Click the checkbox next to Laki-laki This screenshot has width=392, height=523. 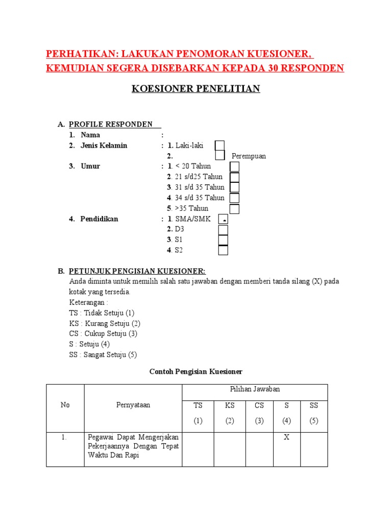click(x=219, y=146)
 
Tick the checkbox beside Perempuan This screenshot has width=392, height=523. click(x=220, y=156)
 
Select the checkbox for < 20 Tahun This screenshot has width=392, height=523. click(x=234, y=167)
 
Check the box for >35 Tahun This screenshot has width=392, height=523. click(x=234, y=208)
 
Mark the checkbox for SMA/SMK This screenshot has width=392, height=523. click(x=223, y=219)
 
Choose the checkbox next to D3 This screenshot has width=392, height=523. click(x=223, y=229)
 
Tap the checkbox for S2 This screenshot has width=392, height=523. click(x=223, y=250)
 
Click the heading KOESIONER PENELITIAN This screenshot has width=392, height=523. click(x=196, y=89)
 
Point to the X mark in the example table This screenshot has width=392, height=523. click(x=286, y=437)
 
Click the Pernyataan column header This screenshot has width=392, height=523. click(x=133, y=405)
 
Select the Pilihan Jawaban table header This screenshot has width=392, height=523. click(x=255, y=389)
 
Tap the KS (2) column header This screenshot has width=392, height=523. click(x=230, y=413)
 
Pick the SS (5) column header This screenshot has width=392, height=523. click(x=313, y=413)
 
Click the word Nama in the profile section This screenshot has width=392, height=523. click(x=90, y=135)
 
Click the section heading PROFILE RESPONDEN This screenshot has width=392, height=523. click(x=111, y=124)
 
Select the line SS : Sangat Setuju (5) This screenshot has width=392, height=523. click(x=103, y=355)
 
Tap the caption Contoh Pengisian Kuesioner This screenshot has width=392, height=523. click(x=195, y=371)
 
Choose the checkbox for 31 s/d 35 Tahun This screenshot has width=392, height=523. click(x=234, y=187)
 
